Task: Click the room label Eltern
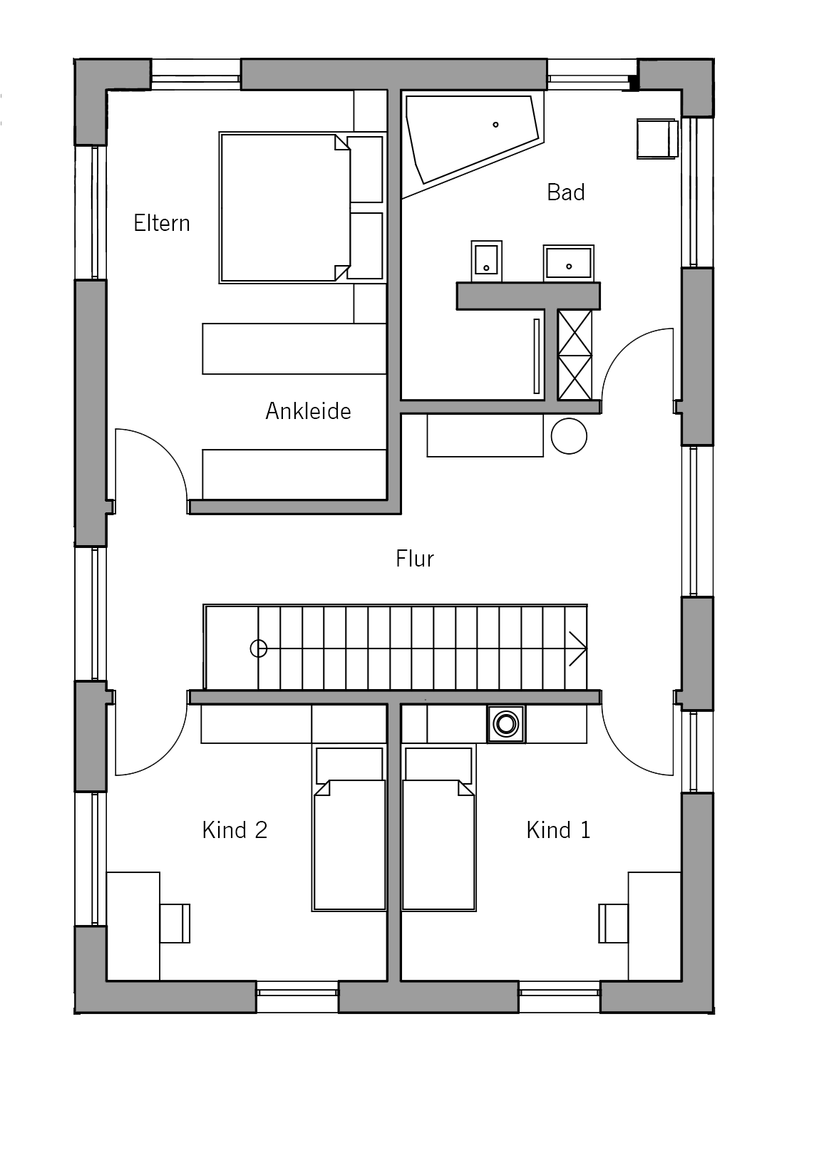tap(162, 223)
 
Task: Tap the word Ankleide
tap(308, 411)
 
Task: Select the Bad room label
tap(566, 192)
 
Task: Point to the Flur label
tap(415, 559)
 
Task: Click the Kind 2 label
tap(235, 829)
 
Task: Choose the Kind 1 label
tap(559, 829)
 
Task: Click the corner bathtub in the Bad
tap(473, 144)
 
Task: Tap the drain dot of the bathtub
tap(495, 125)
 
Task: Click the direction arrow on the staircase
tap(578, 648)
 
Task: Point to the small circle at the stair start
tap(259, 648)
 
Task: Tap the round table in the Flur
tap(569, 436)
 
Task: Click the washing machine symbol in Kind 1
tap(506, 724)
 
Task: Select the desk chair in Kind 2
tap(175, 923)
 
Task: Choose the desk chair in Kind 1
tap(613, 923)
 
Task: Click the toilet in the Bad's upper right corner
tap(656, 138)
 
